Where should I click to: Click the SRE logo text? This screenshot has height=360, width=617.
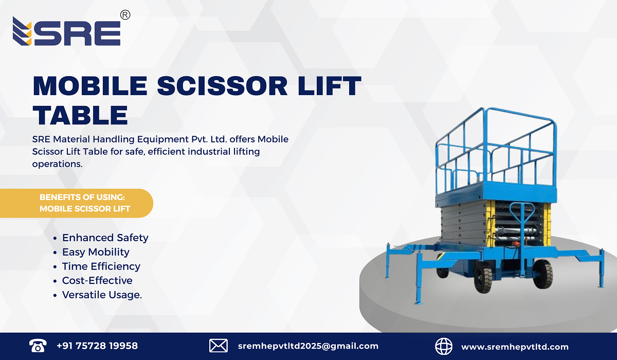pyautogui.click(x=77, y=32)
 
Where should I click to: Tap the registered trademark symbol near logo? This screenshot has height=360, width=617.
pyautogui.click(x=125, y=15)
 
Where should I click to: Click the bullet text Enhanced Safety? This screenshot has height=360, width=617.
pyautogui.click(x=105, y=238)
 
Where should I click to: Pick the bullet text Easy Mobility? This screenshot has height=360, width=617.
pyautogui.click(x=96, y=252)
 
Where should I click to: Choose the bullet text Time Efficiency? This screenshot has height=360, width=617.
pyautogui.click(x=101, y=266)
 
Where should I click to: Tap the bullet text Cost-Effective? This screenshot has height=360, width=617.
pyautogui.click(x=97, y=280)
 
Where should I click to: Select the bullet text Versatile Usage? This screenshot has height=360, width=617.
pyautogui.click(x=102, y=295)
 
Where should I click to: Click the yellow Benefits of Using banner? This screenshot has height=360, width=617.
pyautogui.click(x=82, y=203)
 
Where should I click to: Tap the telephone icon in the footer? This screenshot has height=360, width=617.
pyautogui.click(x=38, y=346)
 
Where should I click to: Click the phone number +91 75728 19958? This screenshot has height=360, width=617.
pyautogui.click(x=97, y=346)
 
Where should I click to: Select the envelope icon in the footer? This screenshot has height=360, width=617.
pyautogui.click(x=219, y=346)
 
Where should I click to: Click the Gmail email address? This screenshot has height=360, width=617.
pyautogui.click(x=308, y=346)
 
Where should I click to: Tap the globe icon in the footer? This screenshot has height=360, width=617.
pyautogui.click(x=444, y=346)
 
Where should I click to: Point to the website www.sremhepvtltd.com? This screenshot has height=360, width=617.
pyautogui.click(x=515, y=347)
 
